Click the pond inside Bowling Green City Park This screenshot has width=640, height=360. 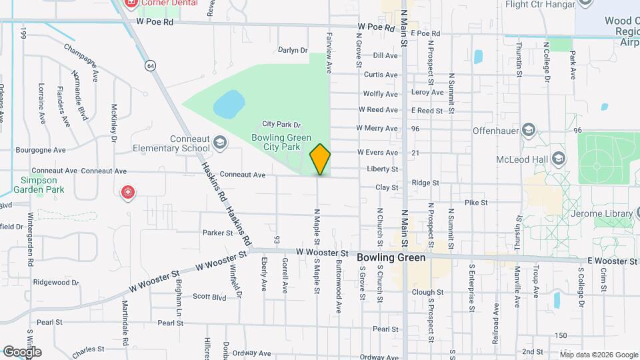click(229, 104)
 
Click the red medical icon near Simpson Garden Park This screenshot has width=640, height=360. click(127, 193)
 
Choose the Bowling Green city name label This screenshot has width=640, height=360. click(391, 257)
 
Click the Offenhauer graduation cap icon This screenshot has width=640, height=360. click(529, 129)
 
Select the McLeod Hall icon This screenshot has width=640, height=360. click(558, 159)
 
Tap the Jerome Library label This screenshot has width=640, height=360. click(601, 214)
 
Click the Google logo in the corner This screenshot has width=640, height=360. click(21, 351)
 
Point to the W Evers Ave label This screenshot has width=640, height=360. click(377, 153)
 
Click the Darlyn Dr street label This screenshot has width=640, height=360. click(293, 50)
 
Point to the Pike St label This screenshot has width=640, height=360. click(476, 202)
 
